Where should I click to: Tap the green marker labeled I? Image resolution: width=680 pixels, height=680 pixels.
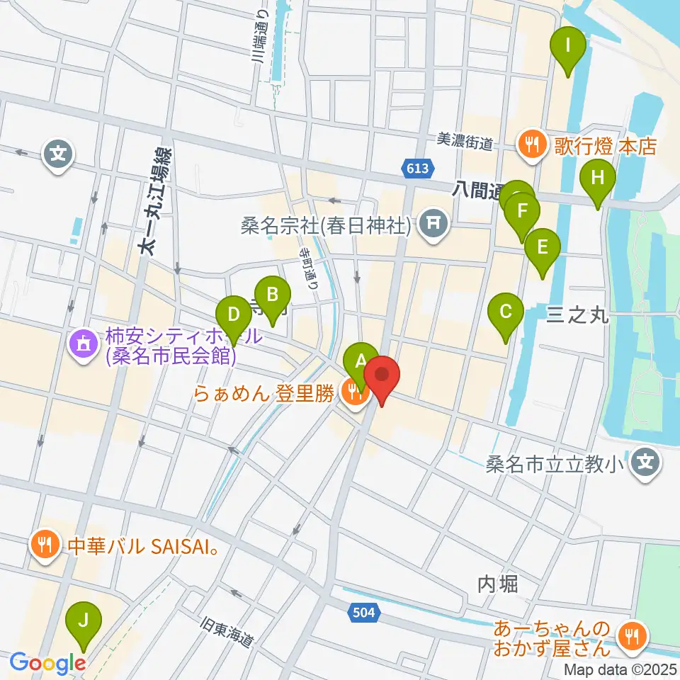tap(568, 48)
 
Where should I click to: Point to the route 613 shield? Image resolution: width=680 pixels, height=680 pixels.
tap(418, 168)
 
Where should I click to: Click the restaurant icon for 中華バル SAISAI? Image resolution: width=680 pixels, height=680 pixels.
tap(44, 544)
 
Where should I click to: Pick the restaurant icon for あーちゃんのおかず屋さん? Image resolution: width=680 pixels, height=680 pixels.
tap(629, 635)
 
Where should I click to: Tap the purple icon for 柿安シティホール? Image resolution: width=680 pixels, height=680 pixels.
tap(84, 345)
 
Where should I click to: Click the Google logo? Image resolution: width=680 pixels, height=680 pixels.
tap(47, 663)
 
